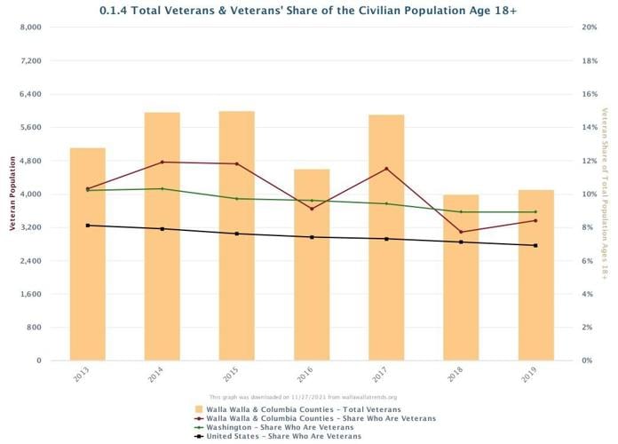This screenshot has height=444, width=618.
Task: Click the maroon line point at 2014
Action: click(162, 162)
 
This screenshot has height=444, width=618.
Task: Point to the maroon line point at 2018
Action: click(461, 232)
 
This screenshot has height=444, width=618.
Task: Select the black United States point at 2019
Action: click(535, 245)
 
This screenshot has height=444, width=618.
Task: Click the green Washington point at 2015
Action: click(236, 198)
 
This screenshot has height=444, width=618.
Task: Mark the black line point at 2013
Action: click(87, 226)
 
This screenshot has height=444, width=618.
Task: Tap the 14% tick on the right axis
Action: click(589, 127)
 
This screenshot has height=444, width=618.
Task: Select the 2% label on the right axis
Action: click(589, 328)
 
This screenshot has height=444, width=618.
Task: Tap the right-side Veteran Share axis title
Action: click(605, 194)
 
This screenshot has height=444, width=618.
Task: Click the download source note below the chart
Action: click(303, 397)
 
